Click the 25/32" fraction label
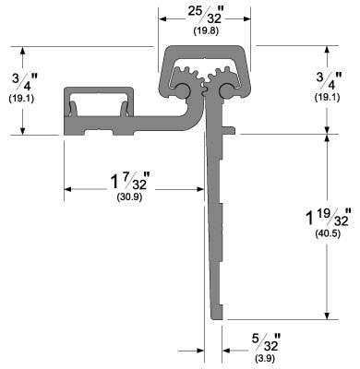pos(205,16)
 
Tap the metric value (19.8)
pos(205,32)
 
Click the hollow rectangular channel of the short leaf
pos(102,103)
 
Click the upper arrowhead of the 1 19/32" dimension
pos(327,138)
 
